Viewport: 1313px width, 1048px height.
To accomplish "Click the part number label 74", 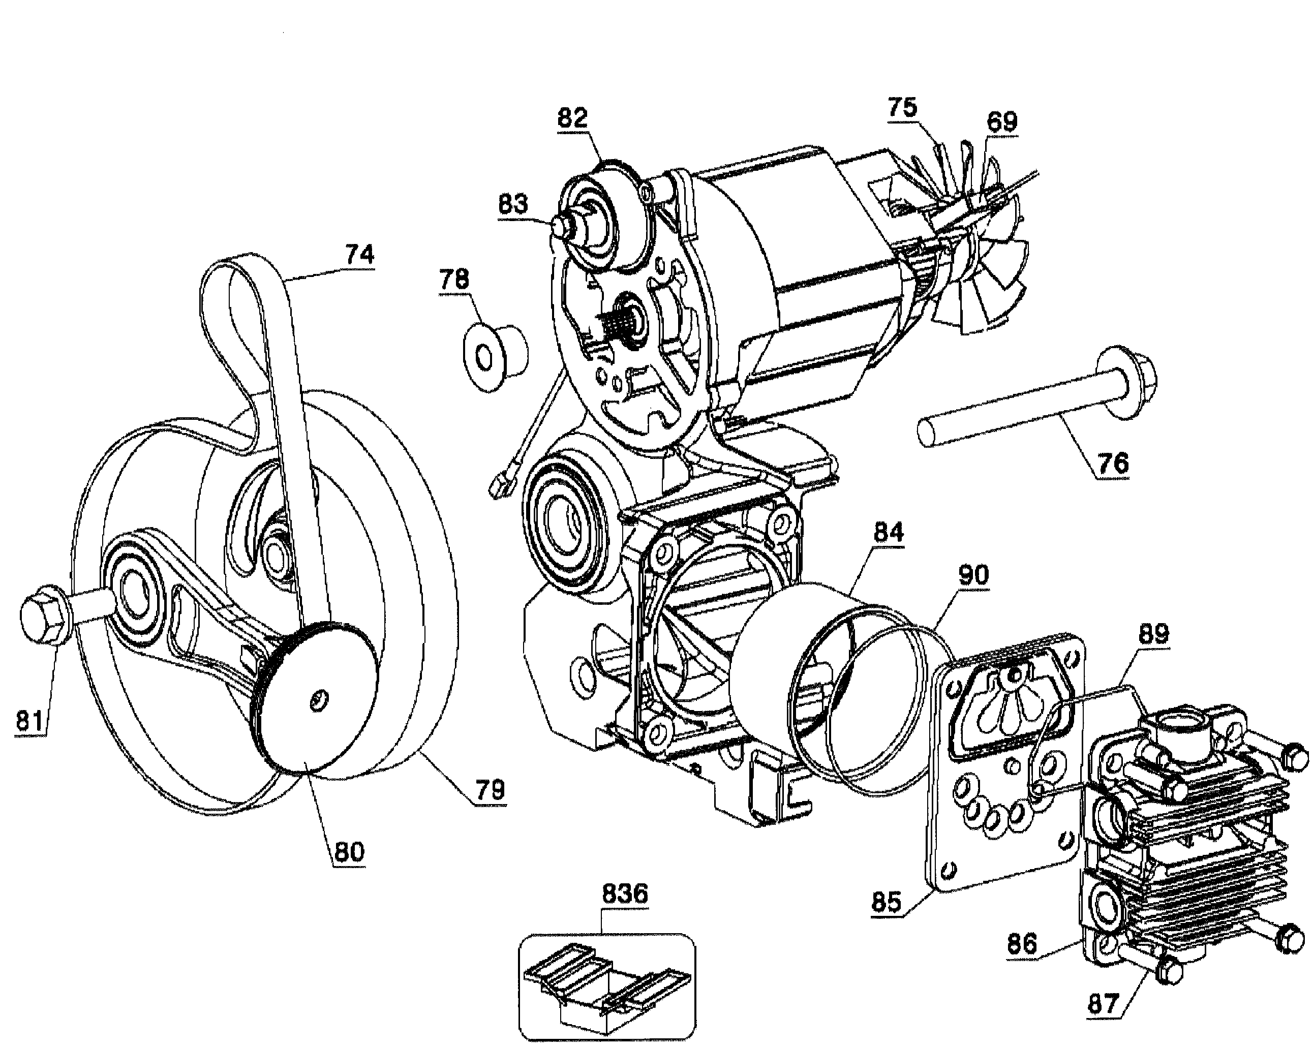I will (x=359, y=255).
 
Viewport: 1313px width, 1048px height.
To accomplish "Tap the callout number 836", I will (x=625, y=895).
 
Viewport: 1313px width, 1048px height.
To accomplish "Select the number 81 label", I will (x=30, y=721).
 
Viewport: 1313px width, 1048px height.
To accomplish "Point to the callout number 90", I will (x=972, y=575).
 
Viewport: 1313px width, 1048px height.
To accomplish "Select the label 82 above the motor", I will (x=572, y=117).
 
